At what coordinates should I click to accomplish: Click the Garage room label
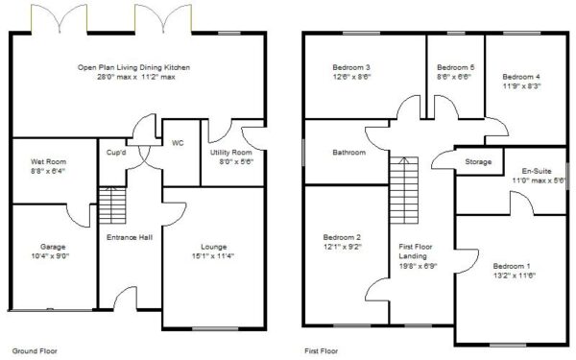[53, 247]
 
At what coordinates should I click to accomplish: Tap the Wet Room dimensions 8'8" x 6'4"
[49, 171]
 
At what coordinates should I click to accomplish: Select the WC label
[178, 143]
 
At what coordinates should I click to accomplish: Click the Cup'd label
[116, 152]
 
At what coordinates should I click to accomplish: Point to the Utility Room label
[231, 152]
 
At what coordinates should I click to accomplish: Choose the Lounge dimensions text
[213, 256]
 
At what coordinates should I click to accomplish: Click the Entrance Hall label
[130, 237]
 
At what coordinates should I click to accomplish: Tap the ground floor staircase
[112, 205]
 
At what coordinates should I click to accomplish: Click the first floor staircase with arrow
[404, 190]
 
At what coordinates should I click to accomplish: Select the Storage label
[478, 161]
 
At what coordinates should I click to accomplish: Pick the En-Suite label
[537, 171]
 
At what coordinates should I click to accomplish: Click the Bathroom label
[349, 152]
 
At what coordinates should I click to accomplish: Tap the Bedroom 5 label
[455, 67]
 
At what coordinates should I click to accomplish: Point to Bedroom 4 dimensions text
[521, 86]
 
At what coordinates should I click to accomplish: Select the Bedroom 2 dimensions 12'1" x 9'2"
[343, 247]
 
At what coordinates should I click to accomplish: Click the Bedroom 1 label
[512, 266]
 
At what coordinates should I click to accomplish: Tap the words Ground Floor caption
[35, 350]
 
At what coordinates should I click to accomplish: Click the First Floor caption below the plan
[321, 350]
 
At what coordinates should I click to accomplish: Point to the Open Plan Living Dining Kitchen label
[133, 67]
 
